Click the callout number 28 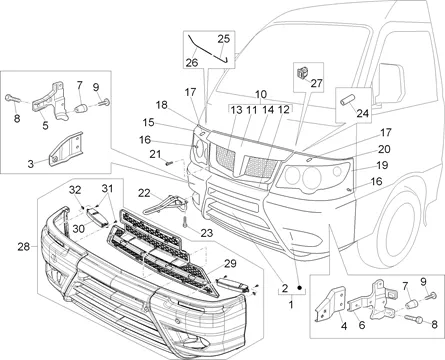pyautogui.click(x=24, y=247)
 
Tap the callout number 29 pyautogui.click(x=230, y=263)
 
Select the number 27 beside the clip pyautogui.click(x=316, y=83)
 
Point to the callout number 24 pyautogui.click(x=362, y=113)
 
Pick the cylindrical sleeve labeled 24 pyautogui.click(x=346, y=100)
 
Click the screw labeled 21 pyautogui.click(x=170, y=163)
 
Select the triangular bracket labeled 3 pyautogui.click(x=66, y=148)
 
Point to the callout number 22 pyautogui.click(x=144, y=193)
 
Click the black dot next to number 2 pyautogui.click(x=299, y=287)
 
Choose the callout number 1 pyautogui.click(x=291, y=304)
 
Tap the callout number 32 pyautogui.click(x=75, y=190)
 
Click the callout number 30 pyautogui.click(x=79, y=229)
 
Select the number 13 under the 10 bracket pyautogui.click(x=236, y=110)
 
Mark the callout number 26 pyautogui.click(x=192, y=62)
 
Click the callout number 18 pyautogui.click(x=162, y=105)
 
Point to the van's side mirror pyautogui.click(x=390, y=84)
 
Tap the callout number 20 pyautogui.click(x=384, y=149)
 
